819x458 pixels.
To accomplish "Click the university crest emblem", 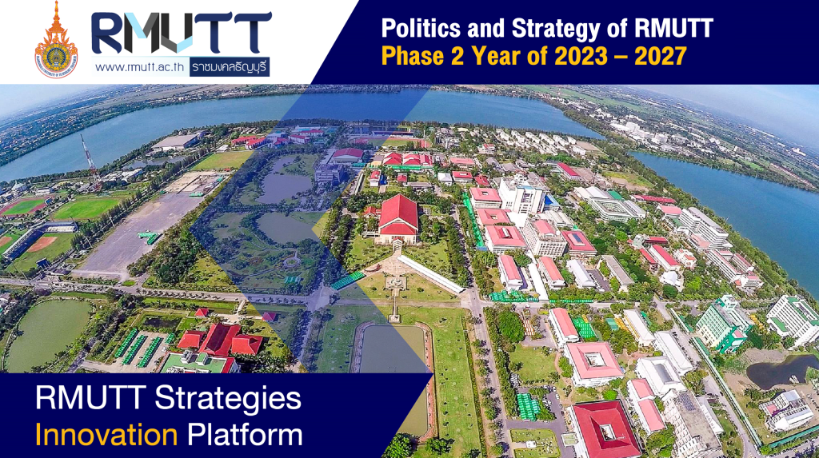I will [x=56, y=40].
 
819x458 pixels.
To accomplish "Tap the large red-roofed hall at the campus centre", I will [x=398, y=218].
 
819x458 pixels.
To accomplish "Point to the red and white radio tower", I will [x=90, y=160].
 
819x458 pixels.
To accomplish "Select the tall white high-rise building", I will [x=521, y=194].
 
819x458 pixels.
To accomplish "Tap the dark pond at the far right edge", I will [x=785, y=370].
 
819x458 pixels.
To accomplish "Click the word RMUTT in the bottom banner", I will [x=83, y=397].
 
